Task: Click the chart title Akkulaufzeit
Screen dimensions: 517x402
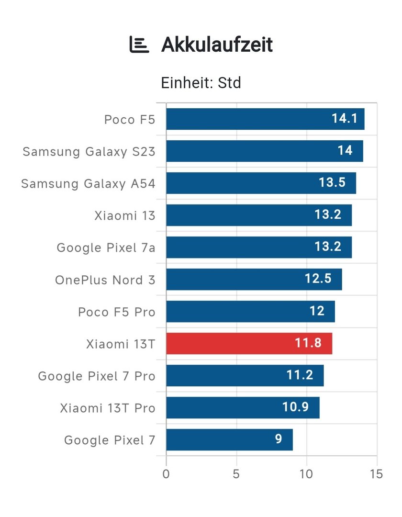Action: tap(217, 45)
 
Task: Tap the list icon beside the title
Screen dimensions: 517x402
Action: tap(139, 45)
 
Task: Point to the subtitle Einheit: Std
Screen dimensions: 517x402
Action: tap(201, 83)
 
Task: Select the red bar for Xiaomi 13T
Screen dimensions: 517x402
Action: tap(249, 344)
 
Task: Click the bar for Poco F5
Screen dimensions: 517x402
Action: tap(265, 119)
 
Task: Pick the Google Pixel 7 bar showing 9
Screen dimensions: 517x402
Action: tap(229, 440)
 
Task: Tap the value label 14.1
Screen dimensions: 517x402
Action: tap(345, 119)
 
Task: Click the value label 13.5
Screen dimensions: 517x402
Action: tap(332, 183)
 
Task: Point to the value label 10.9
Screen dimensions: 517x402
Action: tap(295, 408)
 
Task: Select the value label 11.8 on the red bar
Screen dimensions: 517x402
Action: tap(308, 344)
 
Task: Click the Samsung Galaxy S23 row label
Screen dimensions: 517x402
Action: tap(89, 152)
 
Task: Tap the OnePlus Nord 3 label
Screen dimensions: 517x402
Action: tap(105, 280)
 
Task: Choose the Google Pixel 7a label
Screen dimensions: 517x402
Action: tap(106, 248)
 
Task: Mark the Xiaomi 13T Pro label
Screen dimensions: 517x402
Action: tap(108, 408)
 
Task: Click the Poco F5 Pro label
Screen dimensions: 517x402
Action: tap(117, 312)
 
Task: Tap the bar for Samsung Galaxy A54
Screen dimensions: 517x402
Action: tap(261, 183)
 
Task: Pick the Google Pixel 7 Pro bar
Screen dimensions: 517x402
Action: tap(245, 376)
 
